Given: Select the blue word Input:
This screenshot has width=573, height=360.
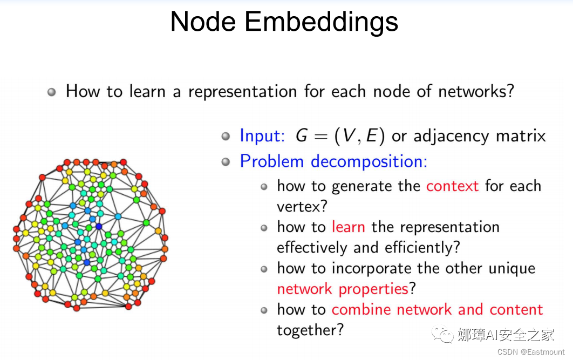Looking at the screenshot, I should point(262,135).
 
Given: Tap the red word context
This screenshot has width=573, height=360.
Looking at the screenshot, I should point(452,186).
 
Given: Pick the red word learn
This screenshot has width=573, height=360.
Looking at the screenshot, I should point(348,227).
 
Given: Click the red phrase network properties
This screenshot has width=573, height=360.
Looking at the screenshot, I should point(343,289).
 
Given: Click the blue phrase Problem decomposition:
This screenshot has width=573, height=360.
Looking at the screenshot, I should point(333,161).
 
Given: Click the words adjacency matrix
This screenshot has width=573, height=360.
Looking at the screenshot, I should point(480,136).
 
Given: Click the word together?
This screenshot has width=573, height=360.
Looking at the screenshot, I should point(310,330).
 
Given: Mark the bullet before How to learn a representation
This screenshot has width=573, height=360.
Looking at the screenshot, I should point(52,92).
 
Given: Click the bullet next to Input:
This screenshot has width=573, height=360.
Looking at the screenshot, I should point(226,136).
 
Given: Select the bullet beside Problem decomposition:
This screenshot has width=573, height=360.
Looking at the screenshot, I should point(226,162).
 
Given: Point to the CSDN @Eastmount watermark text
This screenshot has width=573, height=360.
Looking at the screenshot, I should point(531,352).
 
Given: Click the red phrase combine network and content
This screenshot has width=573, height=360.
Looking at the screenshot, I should point(437,310).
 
